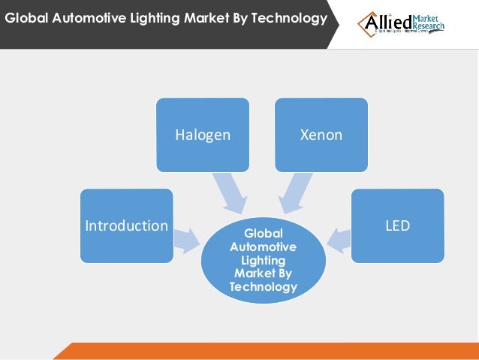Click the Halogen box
[x=202, y=134]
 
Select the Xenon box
[x=321, y=134]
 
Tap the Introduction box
[x=126, y=225]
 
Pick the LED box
[x=397, y=225]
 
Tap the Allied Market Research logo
[x=401, y=24]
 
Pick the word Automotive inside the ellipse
[x=263, y=247]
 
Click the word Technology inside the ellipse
[x=263, y=286]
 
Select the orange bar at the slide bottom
[x=270, y=351]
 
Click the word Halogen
[x=202, y=135]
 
